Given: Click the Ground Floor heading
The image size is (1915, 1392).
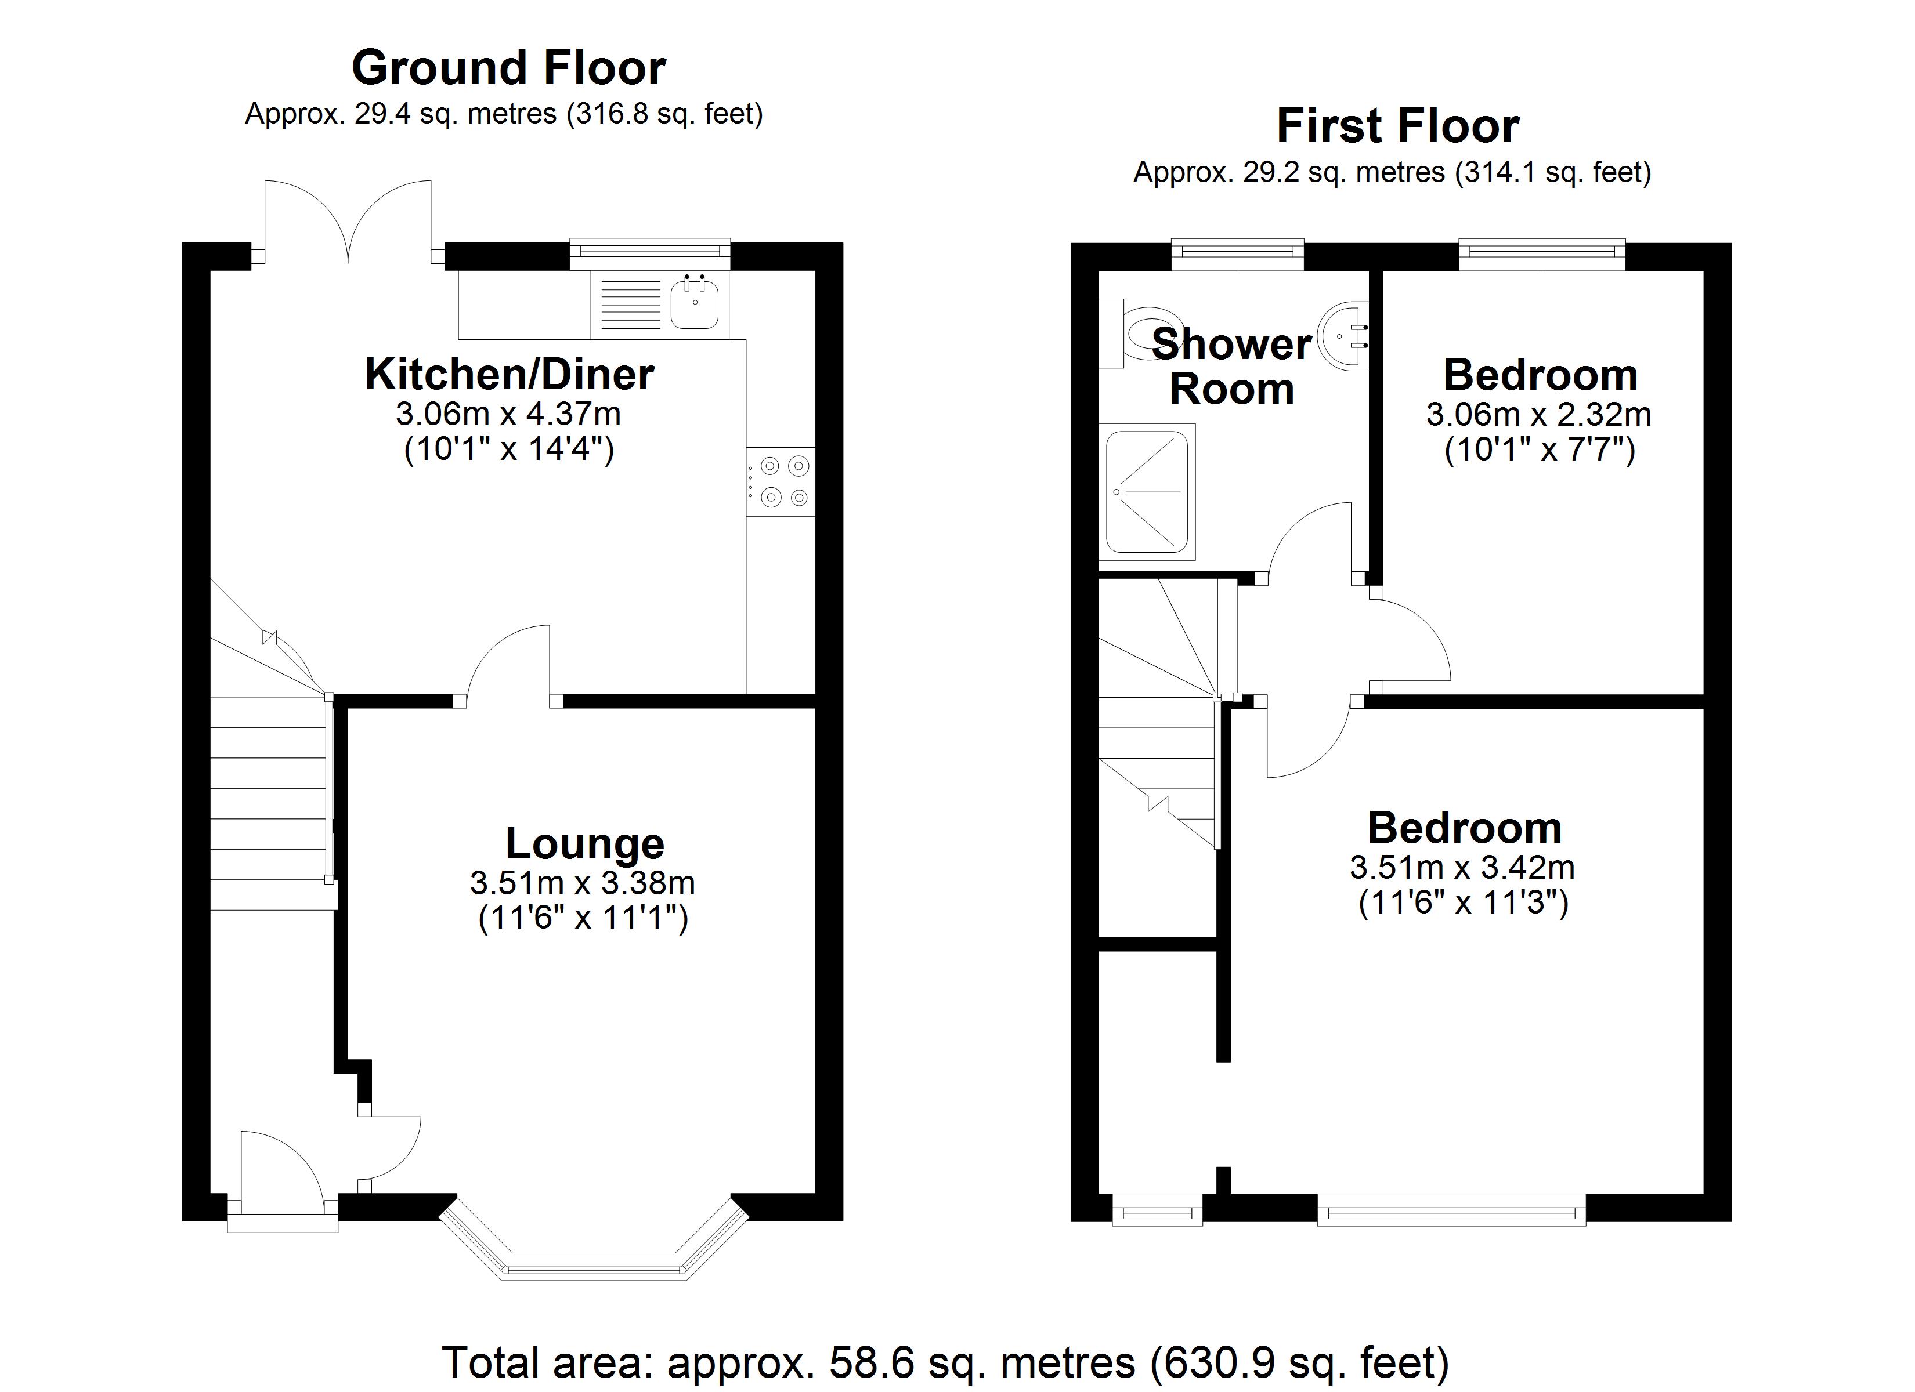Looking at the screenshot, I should [x=508, y=67].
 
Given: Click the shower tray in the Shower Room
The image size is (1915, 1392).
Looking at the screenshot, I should [x=1147, y=491].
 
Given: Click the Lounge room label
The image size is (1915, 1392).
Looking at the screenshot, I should [x=584, y=843].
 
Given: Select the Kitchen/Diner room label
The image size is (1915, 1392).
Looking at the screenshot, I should [x=509, y=374].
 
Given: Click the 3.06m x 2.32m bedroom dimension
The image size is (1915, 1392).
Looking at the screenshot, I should [x=1538, y=415].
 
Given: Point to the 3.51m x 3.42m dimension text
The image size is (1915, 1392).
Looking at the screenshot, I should [x=1462, y=867].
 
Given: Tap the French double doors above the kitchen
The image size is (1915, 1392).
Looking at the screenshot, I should [x=348, y=221].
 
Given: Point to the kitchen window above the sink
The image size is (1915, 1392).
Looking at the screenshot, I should [x=649, y=251].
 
